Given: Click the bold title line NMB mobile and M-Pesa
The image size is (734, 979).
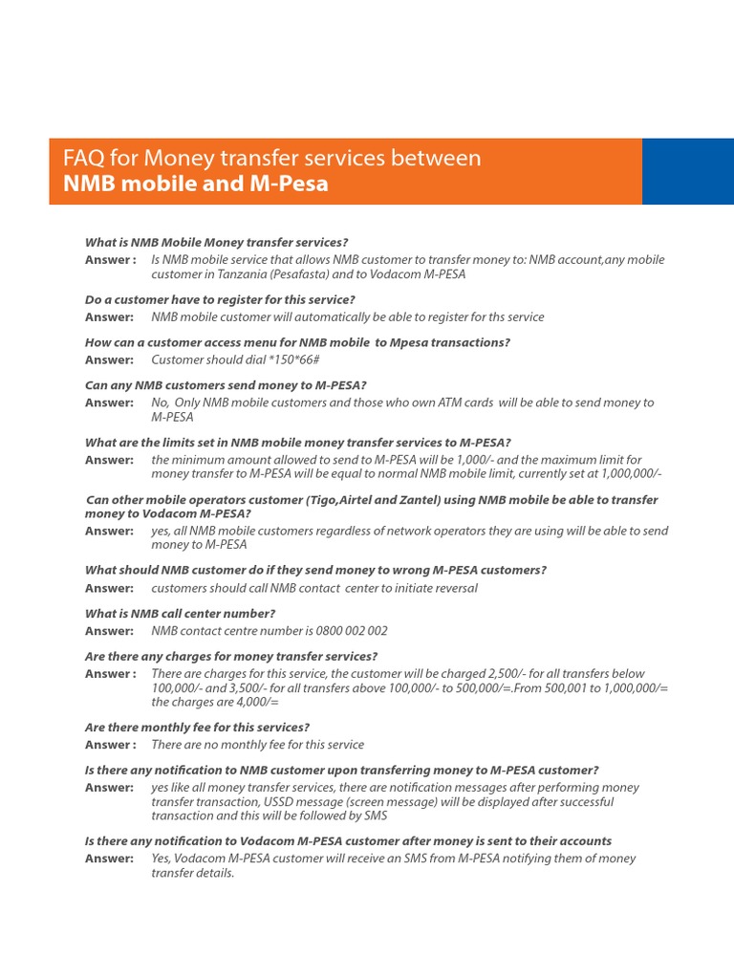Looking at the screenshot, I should [195, 184].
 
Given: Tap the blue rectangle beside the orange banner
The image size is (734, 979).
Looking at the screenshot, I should [687, 171].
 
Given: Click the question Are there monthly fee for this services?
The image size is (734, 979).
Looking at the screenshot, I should [197, 728].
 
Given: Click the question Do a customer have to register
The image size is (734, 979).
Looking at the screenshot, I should [220, 300].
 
